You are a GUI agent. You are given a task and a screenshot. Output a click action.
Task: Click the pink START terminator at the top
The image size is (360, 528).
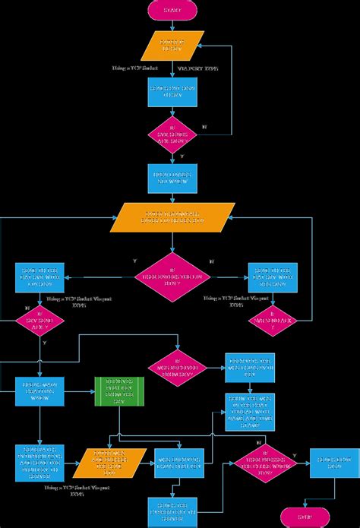click(172, 10)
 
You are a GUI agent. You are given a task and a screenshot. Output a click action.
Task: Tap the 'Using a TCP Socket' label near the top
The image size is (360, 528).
click(129, 69)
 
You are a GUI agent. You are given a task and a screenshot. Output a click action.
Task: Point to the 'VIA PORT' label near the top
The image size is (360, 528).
click(198, 69)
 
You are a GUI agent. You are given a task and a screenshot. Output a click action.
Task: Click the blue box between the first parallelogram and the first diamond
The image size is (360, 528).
click(172, 92)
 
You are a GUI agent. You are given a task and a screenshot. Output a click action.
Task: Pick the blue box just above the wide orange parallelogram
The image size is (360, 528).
click(172, 179)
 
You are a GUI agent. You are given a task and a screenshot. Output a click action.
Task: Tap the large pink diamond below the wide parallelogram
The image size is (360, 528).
click(172, 276)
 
